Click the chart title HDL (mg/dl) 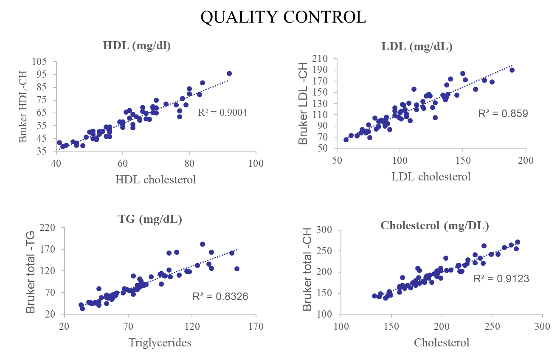(136, 46)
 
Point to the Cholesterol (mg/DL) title (435, 225)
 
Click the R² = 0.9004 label (222, 112)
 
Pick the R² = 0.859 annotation (503, 113)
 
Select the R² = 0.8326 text (220, 296)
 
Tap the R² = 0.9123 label (501, 278)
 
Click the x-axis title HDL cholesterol (155, 180)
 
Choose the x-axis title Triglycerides (160, 343)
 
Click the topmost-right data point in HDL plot (229, 73)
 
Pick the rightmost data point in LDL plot (512, 70)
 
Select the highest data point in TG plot (203, 244)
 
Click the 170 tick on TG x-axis (255, 327)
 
